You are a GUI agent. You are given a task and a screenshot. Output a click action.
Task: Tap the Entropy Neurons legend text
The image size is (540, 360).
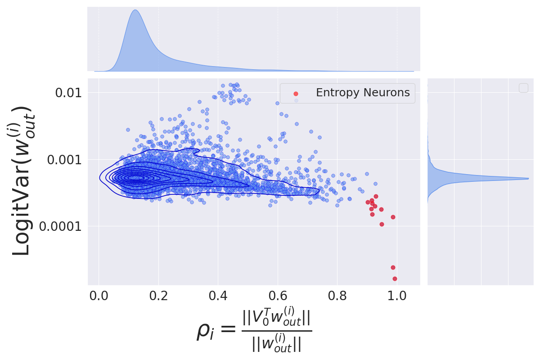[x=363, y=93]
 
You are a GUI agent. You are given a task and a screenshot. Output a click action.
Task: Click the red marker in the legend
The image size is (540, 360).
[x=296, y=94]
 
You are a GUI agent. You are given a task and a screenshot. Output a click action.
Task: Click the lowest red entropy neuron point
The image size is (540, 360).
[x=395, y=279]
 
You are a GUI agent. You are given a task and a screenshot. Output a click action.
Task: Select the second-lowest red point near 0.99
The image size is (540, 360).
[x=393, y=267]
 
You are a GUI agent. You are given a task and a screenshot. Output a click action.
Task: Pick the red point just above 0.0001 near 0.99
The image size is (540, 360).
[x=393, y=217]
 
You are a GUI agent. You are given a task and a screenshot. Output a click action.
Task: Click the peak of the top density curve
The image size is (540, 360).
[x=135, y=10]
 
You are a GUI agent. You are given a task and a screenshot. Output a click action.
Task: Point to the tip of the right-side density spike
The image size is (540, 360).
[x=528, y=179]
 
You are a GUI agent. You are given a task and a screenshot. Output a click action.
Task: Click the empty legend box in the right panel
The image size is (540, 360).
[x=523, y=88]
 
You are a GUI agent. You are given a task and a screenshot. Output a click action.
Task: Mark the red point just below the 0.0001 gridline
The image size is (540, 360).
[x=382, y=224]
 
